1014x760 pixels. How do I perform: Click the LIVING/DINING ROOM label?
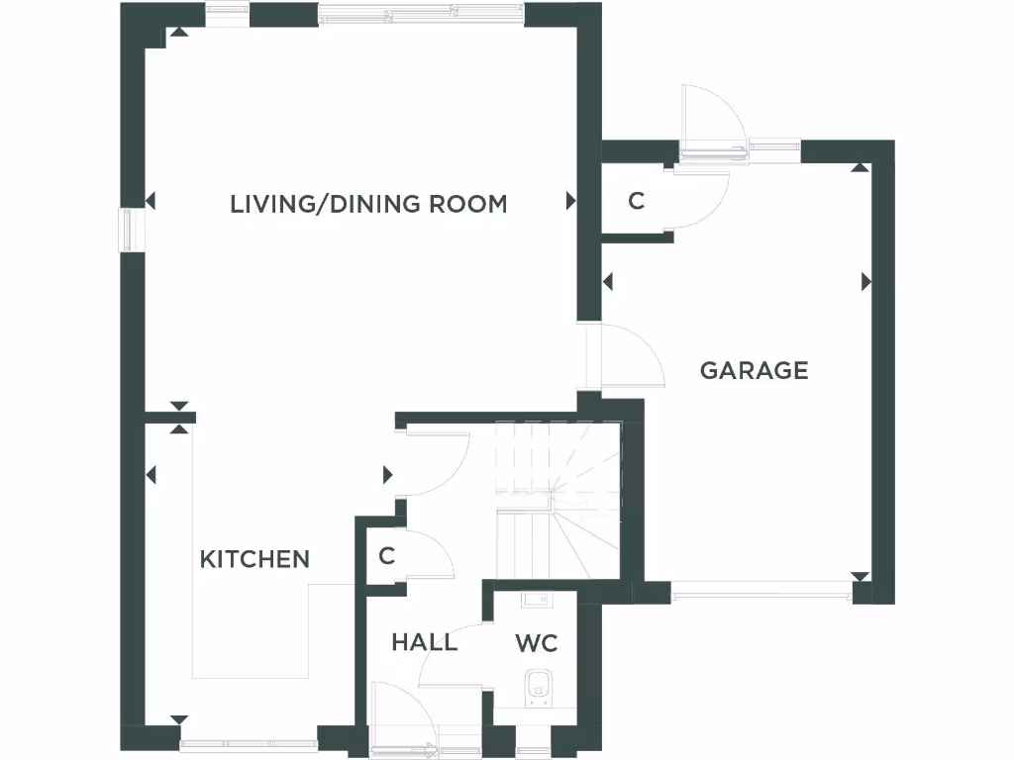point(368,205)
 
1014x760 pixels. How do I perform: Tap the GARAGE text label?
point(754,371)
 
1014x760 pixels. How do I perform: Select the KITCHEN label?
point(254,559)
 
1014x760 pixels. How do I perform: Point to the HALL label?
point(424,642)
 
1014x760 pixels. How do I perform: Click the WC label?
point(537,643)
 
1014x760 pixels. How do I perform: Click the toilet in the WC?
point(539,684)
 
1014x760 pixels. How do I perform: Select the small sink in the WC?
point(539,597)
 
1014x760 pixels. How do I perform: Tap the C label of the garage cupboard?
point(637,201)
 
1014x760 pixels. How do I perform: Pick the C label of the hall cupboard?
point(386,556)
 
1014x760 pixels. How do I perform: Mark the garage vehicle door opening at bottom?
point(760,594)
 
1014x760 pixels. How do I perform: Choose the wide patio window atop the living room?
point(421,14)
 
